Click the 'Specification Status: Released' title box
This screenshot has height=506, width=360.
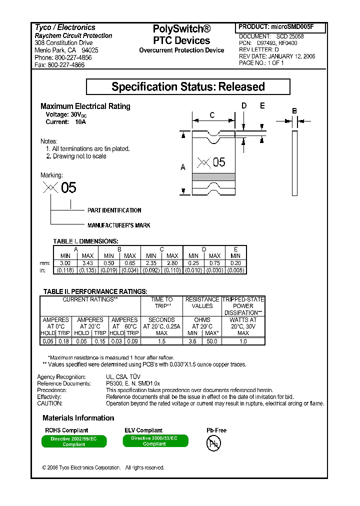point(188,86)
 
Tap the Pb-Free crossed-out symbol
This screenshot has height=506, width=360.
point(213,443)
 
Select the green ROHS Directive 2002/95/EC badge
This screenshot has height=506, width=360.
point(70,441)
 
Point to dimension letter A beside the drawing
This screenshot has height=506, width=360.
point(183,167)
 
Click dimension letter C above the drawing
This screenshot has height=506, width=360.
point(212,115)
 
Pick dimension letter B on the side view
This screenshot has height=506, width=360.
point(294,110)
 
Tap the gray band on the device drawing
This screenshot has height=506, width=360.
point(213,176)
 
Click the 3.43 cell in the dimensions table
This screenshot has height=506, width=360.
point(87,263)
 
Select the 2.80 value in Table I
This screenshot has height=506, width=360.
point(172,263)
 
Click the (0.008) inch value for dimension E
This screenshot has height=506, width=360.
point(236,270)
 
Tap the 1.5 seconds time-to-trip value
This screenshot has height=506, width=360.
point(161,341)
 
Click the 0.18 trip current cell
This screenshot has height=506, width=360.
point(63,341)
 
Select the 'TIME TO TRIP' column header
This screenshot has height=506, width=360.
point(161,302)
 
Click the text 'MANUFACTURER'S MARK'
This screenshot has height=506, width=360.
point(118,225)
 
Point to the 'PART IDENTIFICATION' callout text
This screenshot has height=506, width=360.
point(114,210)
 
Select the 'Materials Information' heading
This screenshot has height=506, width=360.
point(78,418)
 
